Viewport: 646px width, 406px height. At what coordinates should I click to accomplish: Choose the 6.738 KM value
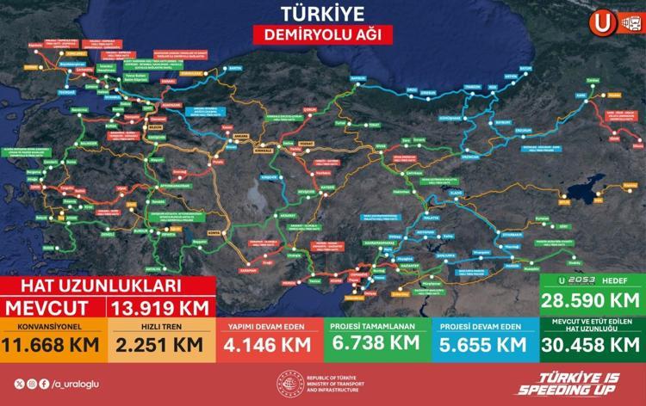pos(376,345)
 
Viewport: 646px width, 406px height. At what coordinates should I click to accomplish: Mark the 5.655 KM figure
pos(484,345)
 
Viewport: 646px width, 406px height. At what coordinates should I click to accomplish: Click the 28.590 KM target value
pos(591,301)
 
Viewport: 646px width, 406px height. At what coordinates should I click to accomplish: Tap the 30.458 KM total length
pos(591,345)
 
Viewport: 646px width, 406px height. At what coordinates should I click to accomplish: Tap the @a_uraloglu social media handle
pos(71,384)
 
